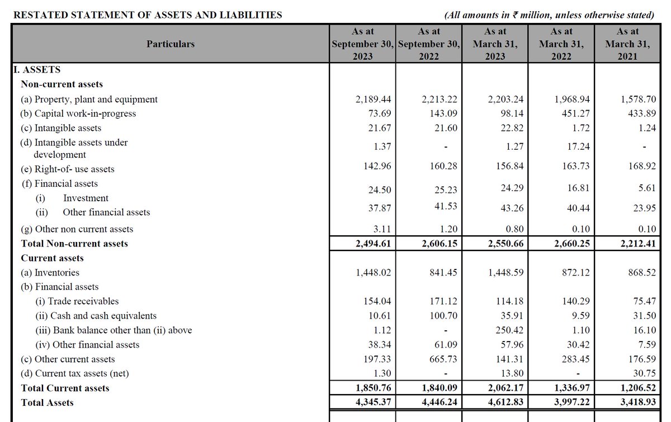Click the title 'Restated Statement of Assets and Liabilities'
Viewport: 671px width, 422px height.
click(x=147, y=15)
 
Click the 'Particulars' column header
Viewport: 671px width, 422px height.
click(x=171, y=44)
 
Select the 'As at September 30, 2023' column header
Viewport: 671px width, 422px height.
click(x=363, y=44)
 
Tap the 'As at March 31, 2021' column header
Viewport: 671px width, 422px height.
click(x=627, y=44)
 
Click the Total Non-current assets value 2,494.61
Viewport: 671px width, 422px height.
click(x=373, y=244)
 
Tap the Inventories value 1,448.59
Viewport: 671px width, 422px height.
click(x=505, y=273)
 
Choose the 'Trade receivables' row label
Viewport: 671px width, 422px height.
click(x=77, y=301)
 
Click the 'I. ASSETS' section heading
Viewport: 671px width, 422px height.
click(x=37, y=70)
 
